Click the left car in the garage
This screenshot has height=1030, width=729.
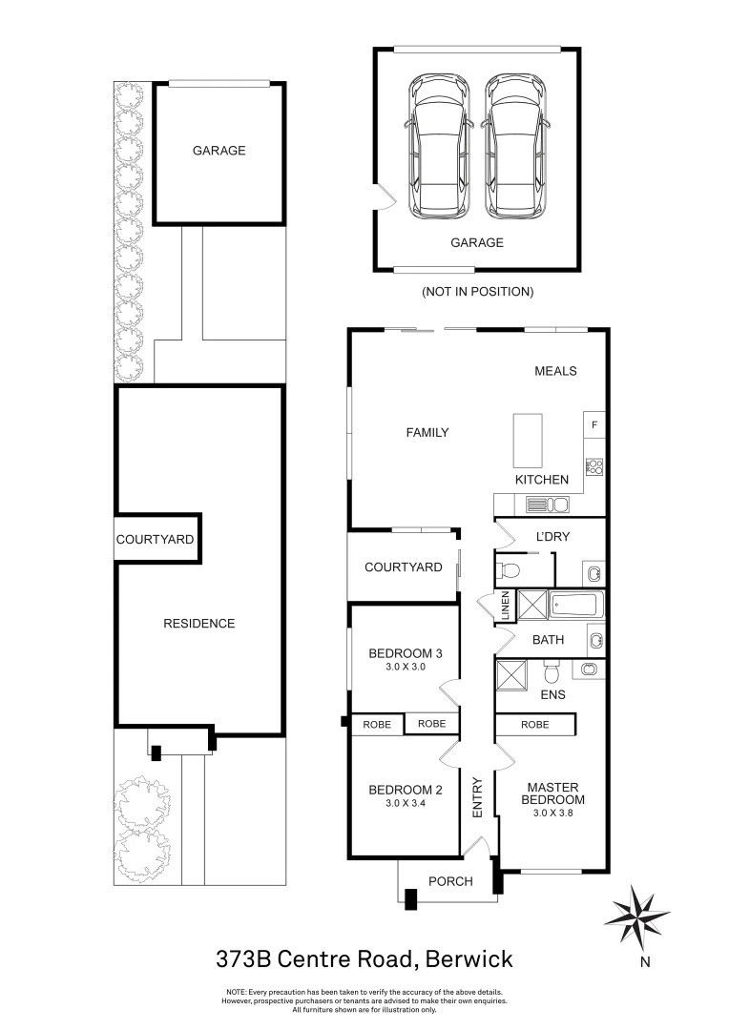point(439,147)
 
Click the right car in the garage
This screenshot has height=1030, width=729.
point(516,147)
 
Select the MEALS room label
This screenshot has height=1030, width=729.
point(555,371)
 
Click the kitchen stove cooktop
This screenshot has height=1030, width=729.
point(594,466)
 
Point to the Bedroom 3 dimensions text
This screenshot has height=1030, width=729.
point(405,668)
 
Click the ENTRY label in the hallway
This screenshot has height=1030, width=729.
point(478,798)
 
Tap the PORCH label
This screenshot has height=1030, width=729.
point(449,881)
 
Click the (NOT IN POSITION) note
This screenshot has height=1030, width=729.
point(477,291)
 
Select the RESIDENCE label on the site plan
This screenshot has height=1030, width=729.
point(198,624)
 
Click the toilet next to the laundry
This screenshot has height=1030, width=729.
point(510,571)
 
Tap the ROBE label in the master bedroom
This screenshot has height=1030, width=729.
point(534,725)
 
